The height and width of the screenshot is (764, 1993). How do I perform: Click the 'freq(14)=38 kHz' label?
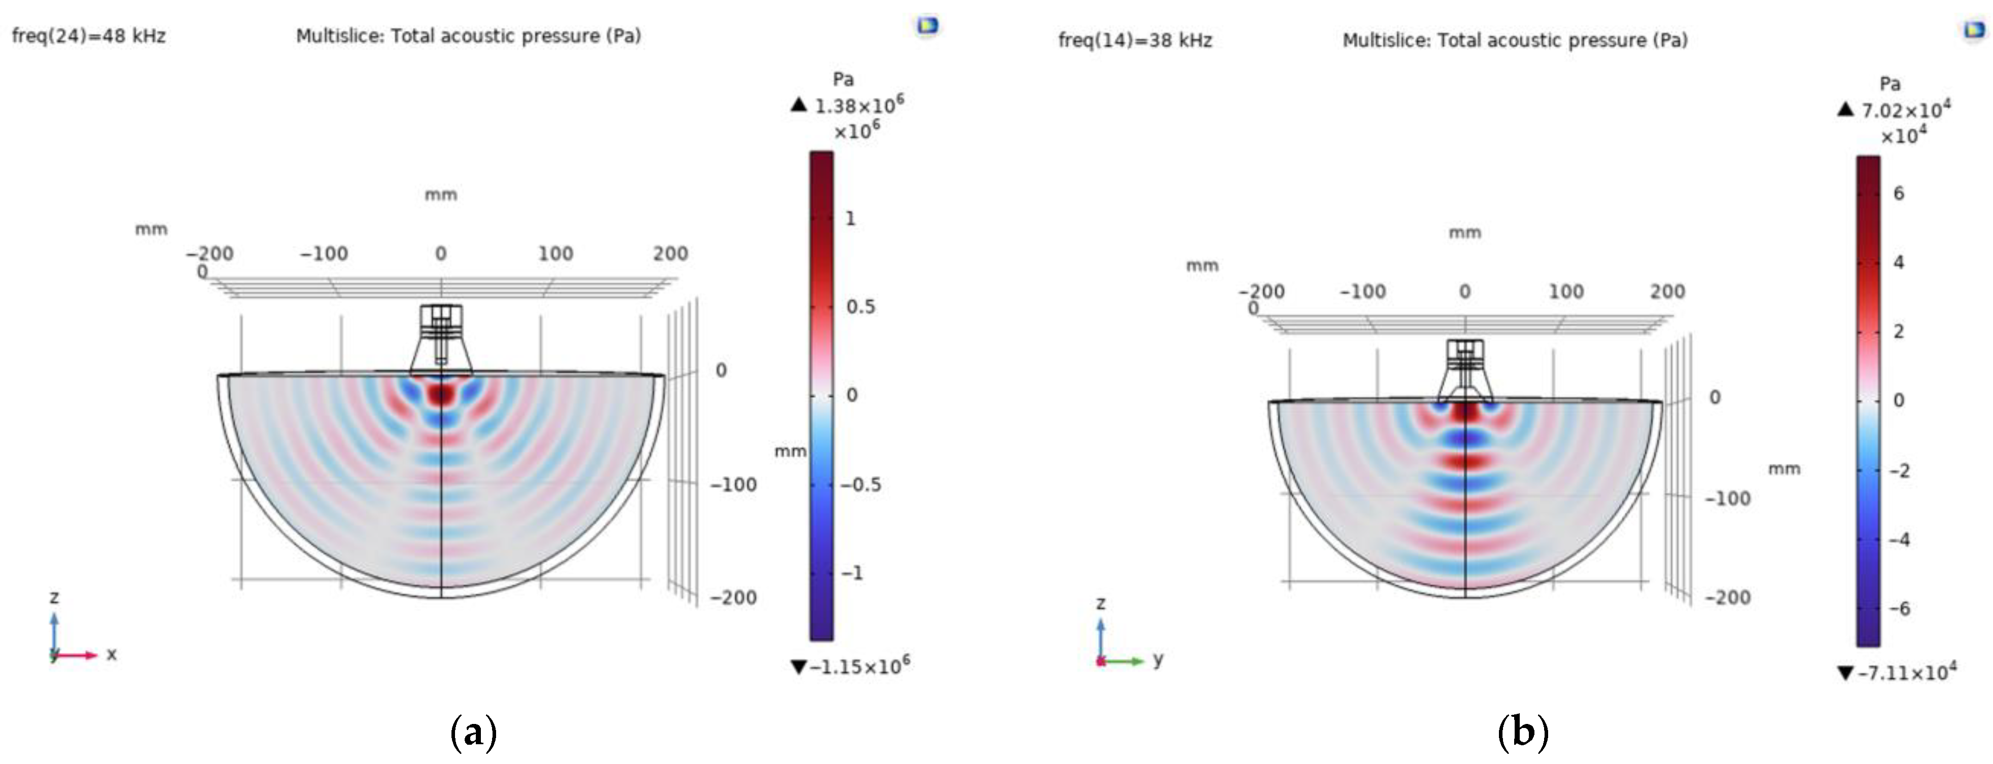coord(1135,40)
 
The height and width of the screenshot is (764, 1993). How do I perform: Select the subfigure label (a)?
coord(473,732)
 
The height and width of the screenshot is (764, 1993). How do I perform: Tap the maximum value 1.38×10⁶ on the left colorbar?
coord(859,105)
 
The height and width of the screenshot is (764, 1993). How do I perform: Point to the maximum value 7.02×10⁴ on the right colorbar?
coord(1906,110)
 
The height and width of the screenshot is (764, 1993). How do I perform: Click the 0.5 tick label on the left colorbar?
coord(860,307)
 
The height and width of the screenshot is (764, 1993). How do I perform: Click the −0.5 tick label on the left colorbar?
coord(861,485)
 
